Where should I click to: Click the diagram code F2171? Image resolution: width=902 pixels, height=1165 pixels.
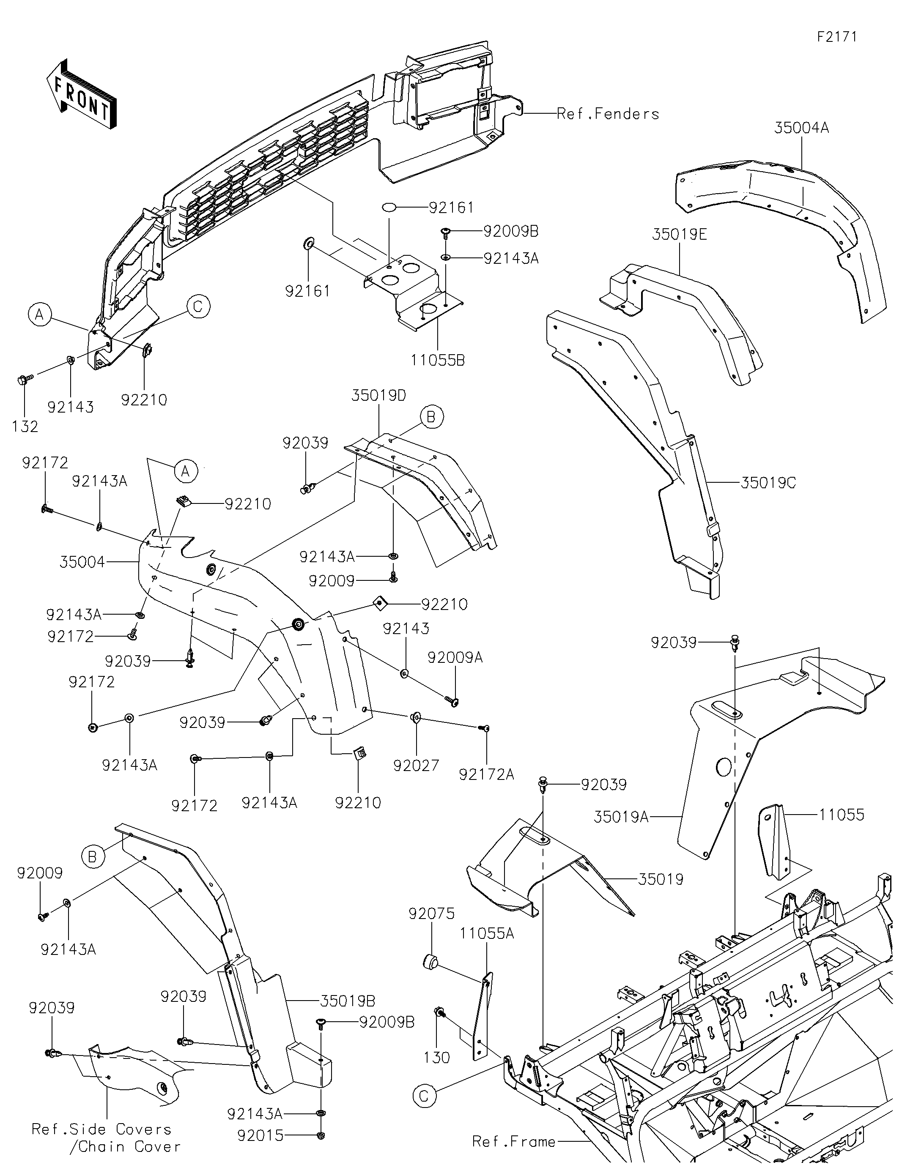(x=837, y=37)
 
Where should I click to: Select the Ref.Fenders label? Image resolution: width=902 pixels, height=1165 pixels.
(x=608, y=114)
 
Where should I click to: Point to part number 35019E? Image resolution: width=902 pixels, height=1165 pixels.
(x=679, y=234)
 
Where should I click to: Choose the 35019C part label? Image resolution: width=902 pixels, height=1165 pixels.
(x=768, y=483)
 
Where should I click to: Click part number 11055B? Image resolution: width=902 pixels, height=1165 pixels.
(x=437, y=361)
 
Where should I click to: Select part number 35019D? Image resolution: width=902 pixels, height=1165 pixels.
(x=378, y=395)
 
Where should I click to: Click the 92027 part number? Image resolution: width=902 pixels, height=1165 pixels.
(x=416, y=766)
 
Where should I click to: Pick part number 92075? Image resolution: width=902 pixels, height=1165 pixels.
(x=431, y=914)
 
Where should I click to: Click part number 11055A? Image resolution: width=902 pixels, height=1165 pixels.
(x=487, y=933)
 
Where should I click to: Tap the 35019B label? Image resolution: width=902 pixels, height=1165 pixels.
(x=348, y=1001)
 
